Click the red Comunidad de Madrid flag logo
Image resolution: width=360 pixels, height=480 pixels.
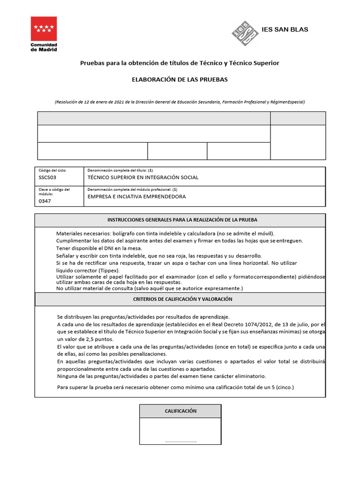(44, 29)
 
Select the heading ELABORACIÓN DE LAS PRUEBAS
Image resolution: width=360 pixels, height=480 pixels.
(180, 80)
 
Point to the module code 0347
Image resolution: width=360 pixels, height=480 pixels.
(45, 201)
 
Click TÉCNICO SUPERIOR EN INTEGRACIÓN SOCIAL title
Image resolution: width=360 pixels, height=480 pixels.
(143, 178)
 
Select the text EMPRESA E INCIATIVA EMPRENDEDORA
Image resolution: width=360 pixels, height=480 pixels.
(136, 197)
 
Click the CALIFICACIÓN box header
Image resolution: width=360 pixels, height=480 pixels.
(180, 411)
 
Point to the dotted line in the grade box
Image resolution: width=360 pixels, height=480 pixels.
(180, 441)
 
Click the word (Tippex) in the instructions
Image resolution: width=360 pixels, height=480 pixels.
(109, 270)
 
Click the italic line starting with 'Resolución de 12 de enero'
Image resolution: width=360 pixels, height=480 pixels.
(180, 102)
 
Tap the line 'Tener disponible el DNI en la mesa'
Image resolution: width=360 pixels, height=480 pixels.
(99, 248)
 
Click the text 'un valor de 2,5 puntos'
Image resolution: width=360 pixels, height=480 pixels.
(85, 339)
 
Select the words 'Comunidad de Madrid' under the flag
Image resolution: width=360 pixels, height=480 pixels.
(44, 47)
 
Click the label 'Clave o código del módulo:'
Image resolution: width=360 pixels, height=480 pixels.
(53, 191)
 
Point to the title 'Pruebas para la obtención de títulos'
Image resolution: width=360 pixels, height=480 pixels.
(180, 63)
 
